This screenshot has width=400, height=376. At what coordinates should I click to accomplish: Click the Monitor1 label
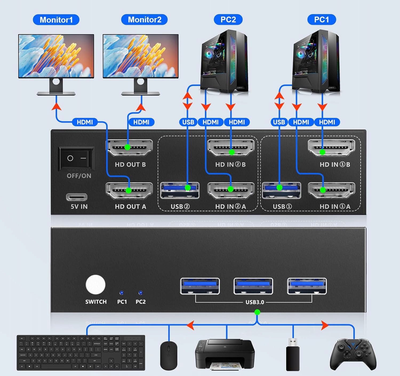56,20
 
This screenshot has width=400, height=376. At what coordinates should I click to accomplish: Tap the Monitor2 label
144,20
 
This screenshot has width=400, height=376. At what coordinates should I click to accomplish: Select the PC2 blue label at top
228,20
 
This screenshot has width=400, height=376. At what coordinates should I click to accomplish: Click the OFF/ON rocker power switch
77,158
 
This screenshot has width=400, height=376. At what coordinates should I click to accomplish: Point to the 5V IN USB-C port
77,197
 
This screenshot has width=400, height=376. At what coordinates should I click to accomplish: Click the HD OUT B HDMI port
129,148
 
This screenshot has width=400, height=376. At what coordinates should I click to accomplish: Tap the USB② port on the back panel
180,190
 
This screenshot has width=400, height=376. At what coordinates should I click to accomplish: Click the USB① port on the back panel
282,190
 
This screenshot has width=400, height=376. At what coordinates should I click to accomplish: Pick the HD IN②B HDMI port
231,148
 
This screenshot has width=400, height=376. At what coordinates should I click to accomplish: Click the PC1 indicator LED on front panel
122,293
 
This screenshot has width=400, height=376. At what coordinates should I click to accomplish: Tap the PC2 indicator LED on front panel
141,293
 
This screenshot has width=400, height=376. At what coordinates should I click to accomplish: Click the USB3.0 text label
255,302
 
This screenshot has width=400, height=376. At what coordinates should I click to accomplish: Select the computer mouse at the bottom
169,355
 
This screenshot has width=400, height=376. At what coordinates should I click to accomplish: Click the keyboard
81,353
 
